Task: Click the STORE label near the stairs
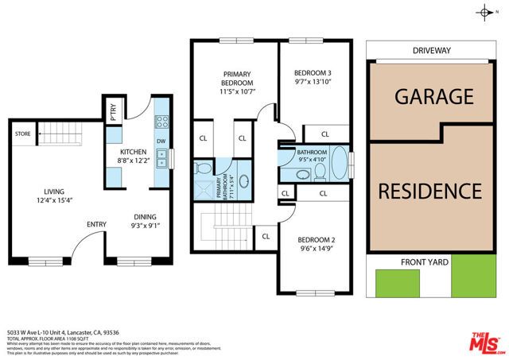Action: [x=23, y=134]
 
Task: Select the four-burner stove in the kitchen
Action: [x=161, y=122]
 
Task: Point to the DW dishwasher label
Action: [x=161, y=141]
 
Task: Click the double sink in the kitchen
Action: [x=161, y=158]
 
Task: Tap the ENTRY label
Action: [x=96, y=224]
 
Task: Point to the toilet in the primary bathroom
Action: [x=202, y=168]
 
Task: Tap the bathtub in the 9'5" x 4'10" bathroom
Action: [x=339, y=164]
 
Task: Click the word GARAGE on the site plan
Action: [x=434, y=97]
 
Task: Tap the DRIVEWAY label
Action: [x=432, y=50]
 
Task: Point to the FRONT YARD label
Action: [x=424, y=261]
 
